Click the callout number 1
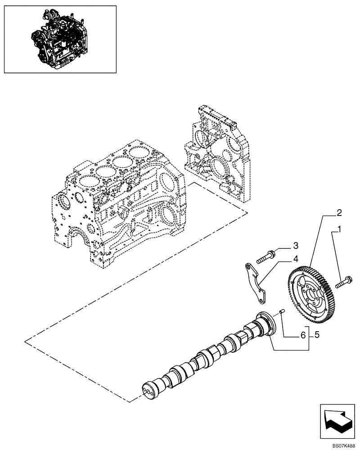click(x=339, y=229)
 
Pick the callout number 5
click(x=317, y=335)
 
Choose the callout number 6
click(x=303, y=335)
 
